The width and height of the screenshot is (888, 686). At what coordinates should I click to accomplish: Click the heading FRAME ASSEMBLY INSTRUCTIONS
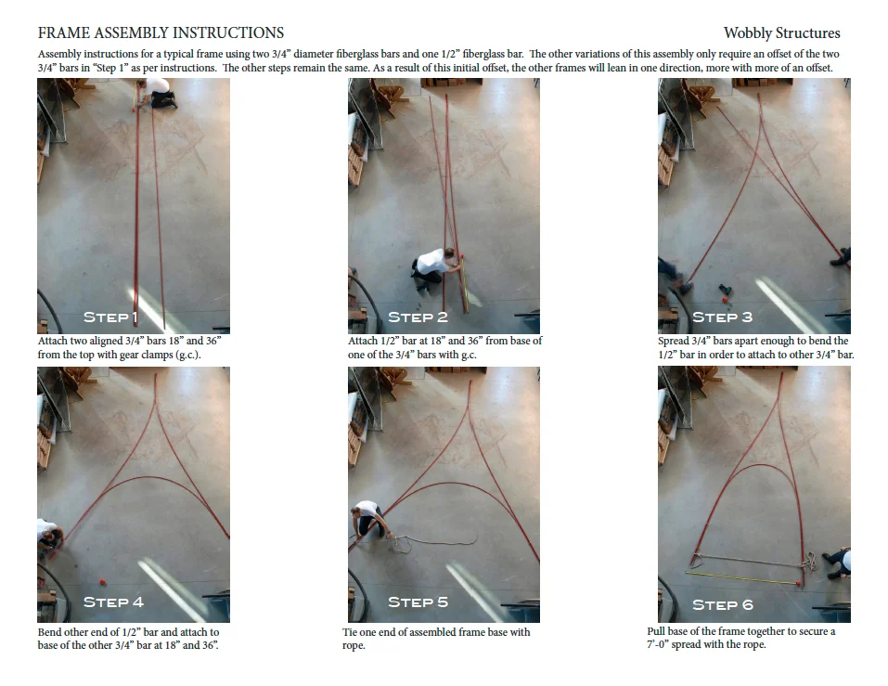161,32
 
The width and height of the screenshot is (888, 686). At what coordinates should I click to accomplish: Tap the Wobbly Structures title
781,32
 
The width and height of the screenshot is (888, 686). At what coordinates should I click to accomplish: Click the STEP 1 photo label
110,317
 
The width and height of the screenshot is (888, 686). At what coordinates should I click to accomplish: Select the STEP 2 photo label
418,317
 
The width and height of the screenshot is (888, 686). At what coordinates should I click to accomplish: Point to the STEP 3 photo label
723,317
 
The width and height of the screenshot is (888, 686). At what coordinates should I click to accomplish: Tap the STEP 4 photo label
114,602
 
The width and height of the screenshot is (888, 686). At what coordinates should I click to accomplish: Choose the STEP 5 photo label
418,602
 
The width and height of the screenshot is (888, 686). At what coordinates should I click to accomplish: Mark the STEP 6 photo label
723,605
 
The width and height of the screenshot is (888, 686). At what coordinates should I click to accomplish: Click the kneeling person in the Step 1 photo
158,92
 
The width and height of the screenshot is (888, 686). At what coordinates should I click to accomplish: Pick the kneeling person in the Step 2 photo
434,267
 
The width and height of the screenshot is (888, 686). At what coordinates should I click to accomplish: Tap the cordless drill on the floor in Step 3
725,292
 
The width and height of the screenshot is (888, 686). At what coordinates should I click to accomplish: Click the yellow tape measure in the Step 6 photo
742,577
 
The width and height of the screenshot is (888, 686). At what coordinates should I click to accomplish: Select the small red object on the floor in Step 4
102,581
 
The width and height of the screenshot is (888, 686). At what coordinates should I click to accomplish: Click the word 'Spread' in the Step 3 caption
674,341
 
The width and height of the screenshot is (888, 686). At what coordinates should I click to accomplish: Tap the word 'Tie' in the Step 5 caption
350,631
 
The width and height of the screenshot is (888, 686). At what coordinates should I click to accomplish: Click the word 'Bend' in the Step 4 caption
50,631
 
